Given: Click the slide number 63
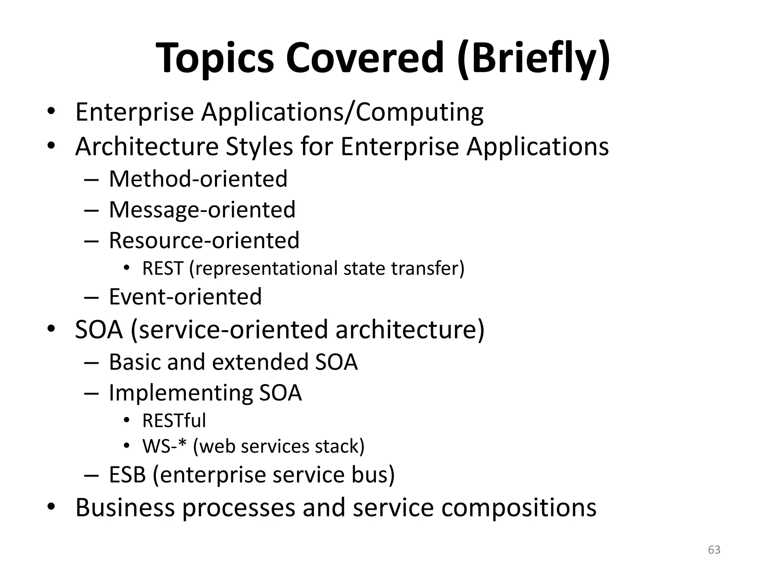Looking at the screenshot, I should tap(714, 550).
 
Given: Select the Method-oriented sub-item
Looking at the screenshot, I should tap(198, 179).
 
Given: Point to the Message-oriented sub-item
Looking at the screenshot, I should tap(202, 210).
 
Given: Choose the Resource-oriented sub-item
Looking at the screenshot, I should tap(204, 240).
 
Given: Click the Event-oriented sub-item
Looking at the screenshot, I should tap(185, 297).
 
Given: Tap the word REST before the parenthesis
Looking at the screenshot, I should tap(163, 268).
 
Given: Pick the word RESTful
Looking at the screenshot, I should tap(174, 421).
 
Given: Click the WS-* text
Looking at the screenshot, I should tap(164, 447).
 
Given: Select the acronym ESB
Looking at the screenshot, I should tap(127, 475).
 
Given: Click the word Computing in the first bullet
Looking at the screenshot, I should tap(419, 112).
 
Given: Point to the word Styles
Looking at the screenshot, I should tap(259, 147).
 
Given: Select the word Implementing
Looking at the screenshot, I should tap(181, 393).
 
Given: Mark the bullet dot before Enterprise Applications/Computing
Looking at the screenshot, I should tap(51, 111).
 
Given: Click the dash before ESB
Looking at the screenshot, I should tap(91, 475).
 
